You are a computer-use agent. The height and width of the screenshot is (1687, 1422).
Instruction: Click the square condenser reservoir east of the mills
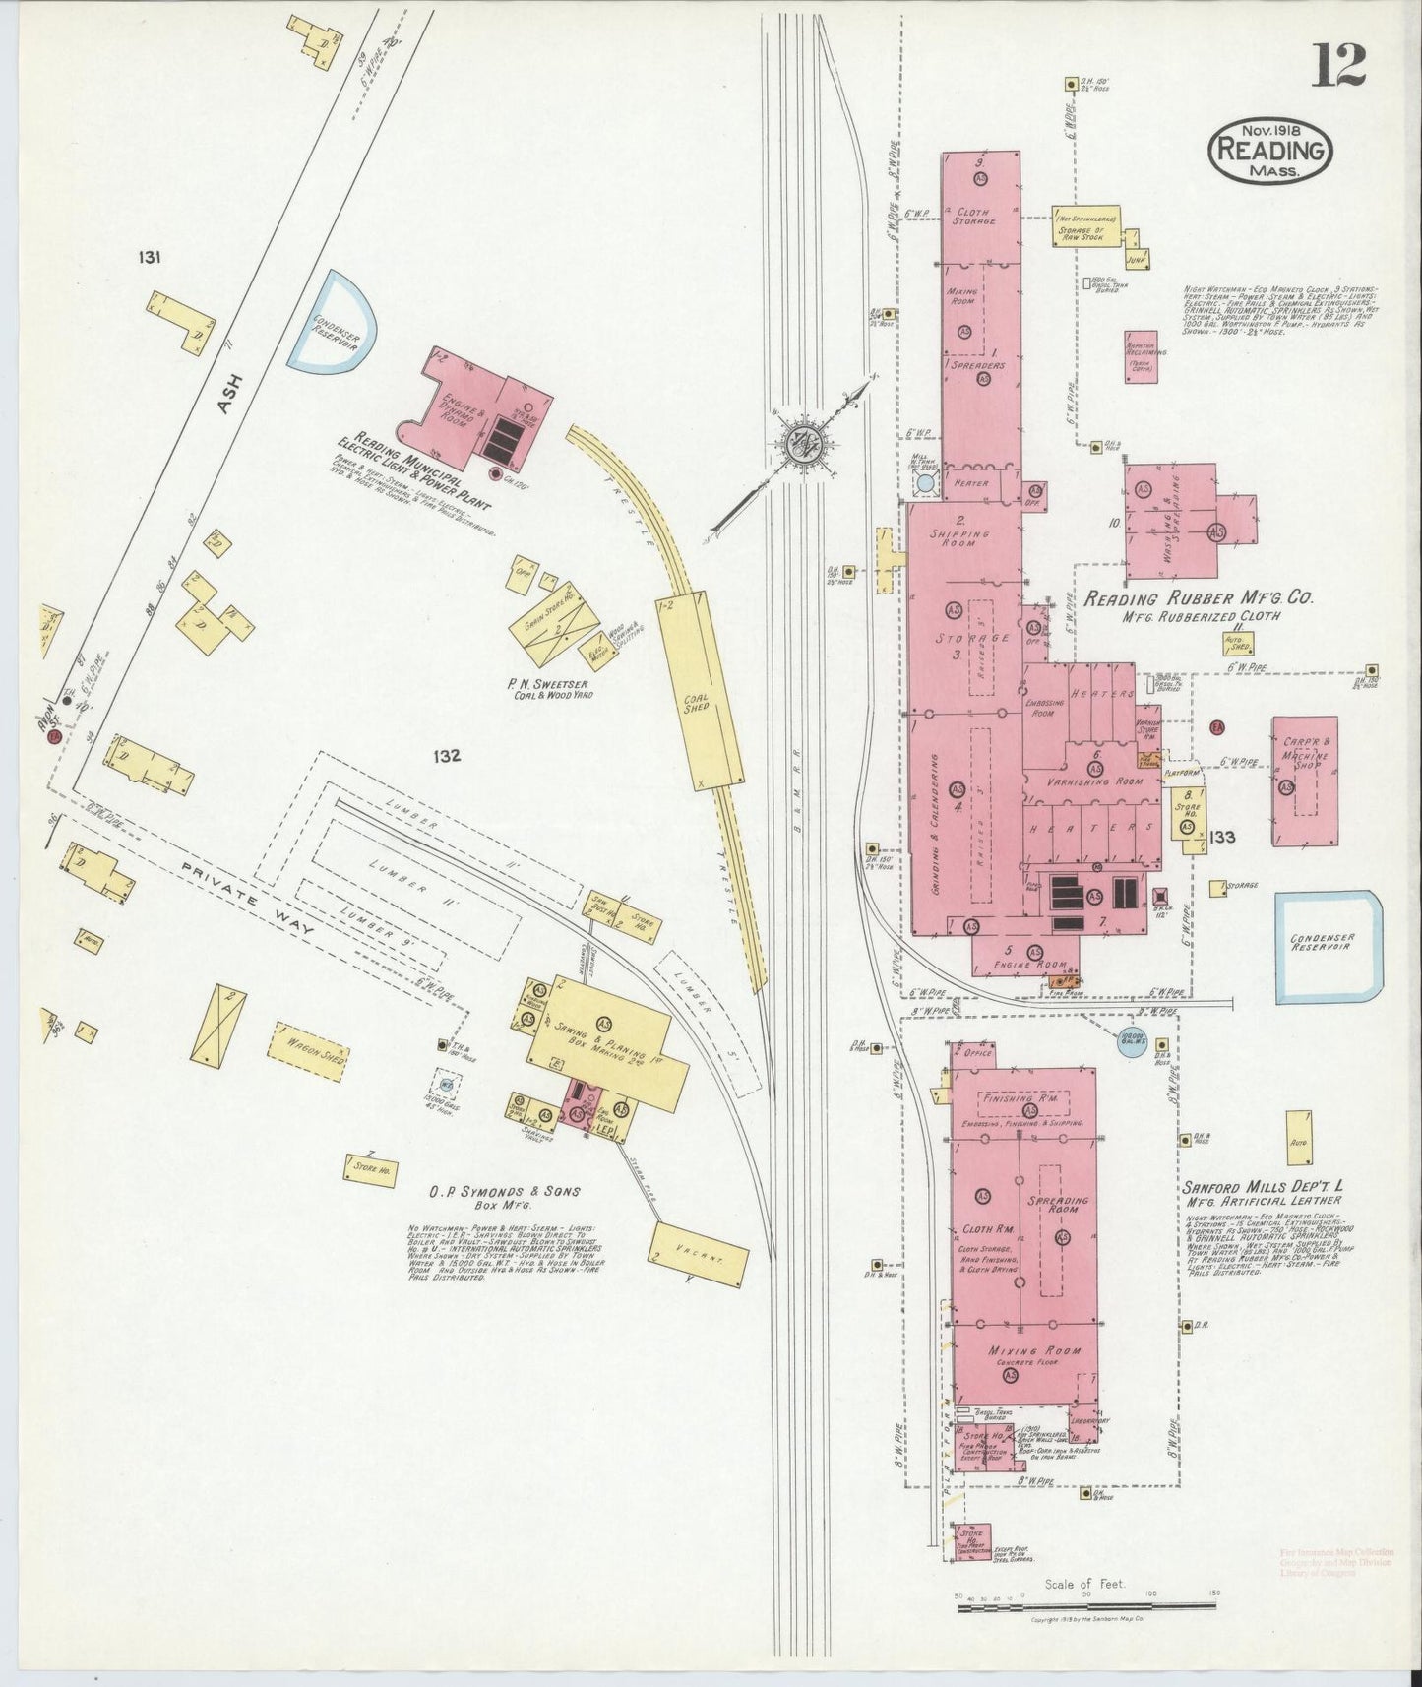tap(1328, 943)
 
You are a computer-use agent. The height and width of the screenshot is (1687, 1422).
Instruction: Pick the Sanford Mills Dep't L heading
tap(1262, 1186)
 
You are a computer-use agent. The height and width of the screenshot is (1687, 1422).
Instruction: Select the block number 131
tap(150, 258)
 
